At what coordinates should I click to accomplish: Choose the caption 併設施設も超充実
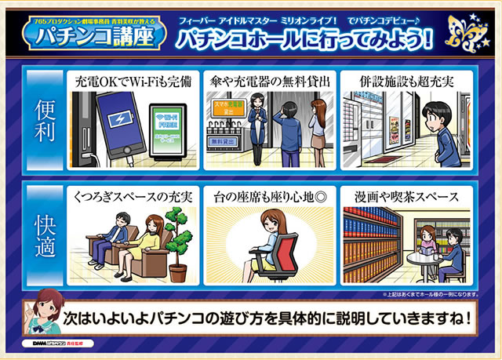[x=406, y=81]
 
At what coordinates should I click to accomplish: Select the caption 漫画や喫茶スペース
[x=406, y=193]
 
